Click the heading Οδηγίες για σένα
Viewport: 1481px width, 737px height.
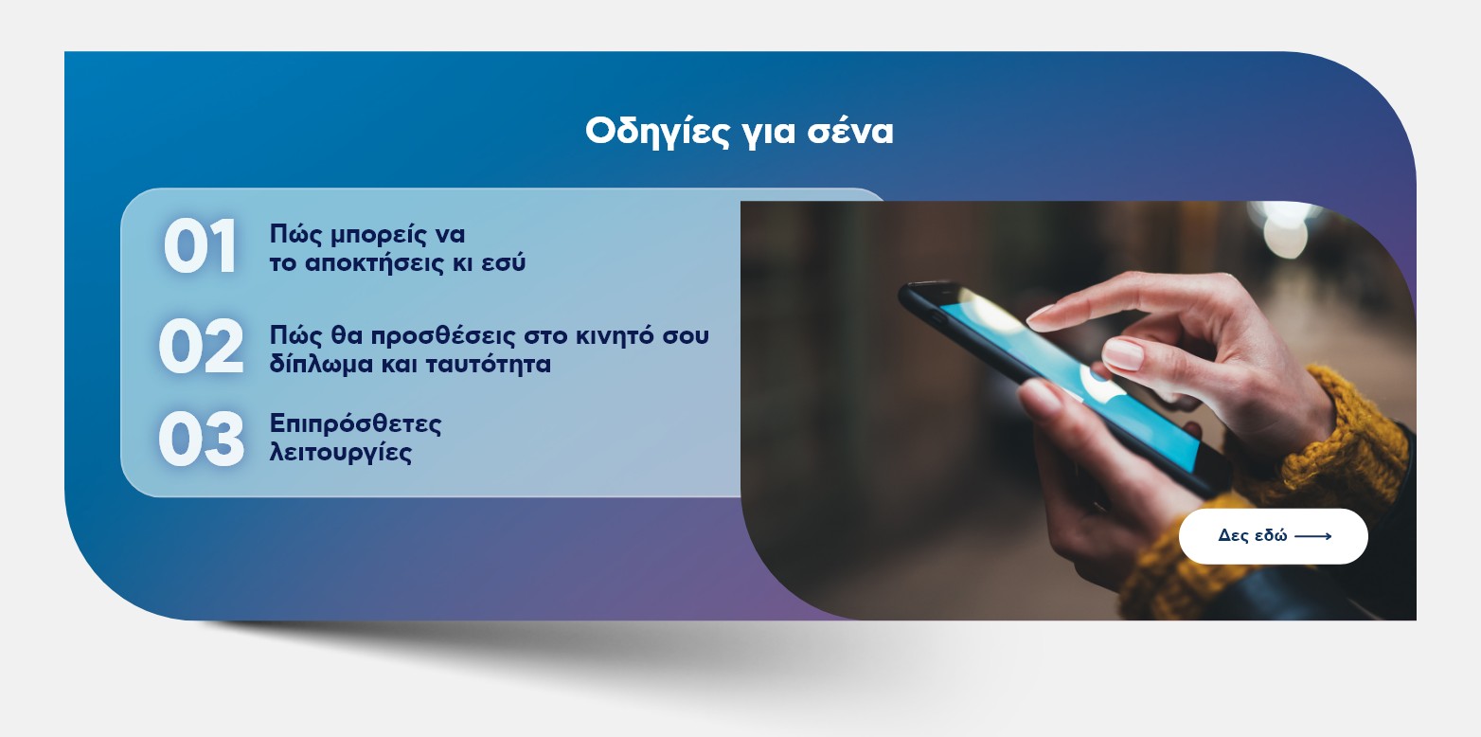coord(740,132)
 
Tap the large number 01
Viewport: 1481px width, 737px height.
coord(200,246)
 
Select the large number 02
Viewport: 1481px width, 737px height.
coord(201,346)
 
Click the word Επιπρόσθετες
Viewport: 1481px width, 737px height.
coord(355,424)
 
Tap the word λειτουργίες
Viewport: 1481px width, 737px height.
coord(341,453)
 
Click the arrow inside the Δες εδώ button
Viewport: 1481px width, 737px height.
coord(1312,536)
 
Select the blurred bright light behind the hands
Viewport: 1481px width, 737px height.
coord(1285,229)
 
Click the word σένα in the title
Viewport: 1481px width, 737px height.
coord(850,132)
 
